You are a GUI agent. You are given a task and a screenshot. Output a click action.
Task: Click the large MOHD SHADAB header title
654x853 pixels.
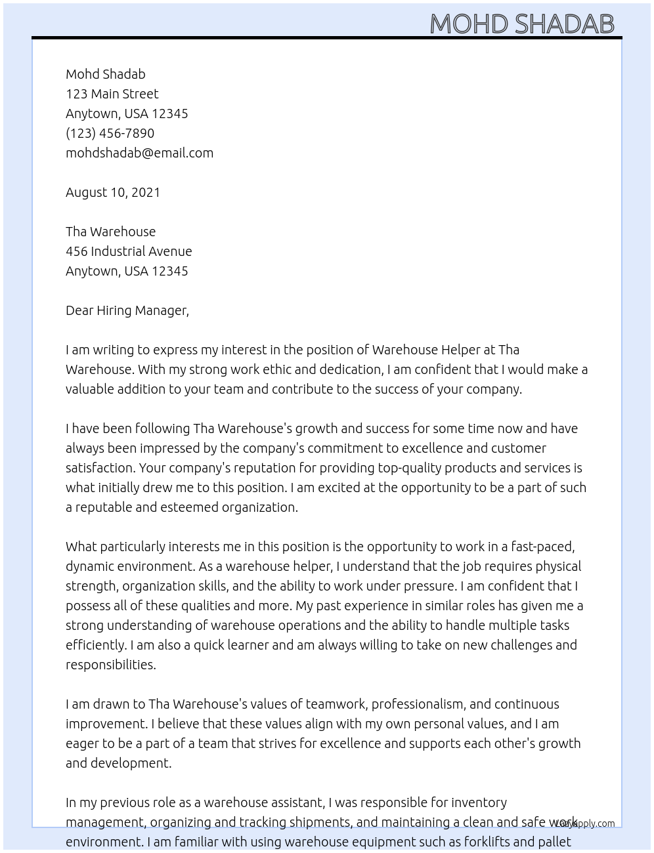pos(522,24)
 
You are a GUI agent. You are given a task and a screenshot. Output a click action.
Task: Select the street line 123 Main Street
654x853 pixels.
pos(112,94)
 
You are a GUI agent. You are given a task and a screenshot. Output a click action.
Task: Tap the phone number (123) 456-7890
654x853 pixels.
pos(110,133)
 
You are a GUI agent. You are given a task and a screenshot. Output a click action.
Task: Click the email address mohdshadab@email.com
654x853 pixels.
pos(139,153)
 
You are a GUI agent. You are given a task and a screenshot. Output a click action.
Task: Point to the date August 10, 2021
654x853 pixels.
pos(113,192)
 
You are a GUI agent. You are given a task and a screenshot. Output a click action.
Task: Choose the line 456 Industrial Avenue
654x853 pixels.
pos(129,251)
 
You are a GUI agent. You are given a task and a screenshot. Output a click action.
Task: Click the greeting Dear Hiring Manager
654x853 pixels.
pos(127,310)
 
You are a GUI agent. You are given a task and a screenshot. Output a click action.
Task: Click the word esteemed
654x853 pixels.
pos(194,507)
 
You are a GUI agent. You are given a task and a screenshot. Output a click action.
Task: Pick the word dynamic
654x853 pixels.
pos(91,566)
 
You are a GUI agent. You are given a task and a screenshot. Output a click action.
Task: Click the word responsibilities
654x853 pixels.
pos(110,665)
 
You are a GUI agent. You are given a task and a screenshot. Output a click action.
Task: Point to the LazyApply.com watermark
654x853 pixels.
pos(585,823)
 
